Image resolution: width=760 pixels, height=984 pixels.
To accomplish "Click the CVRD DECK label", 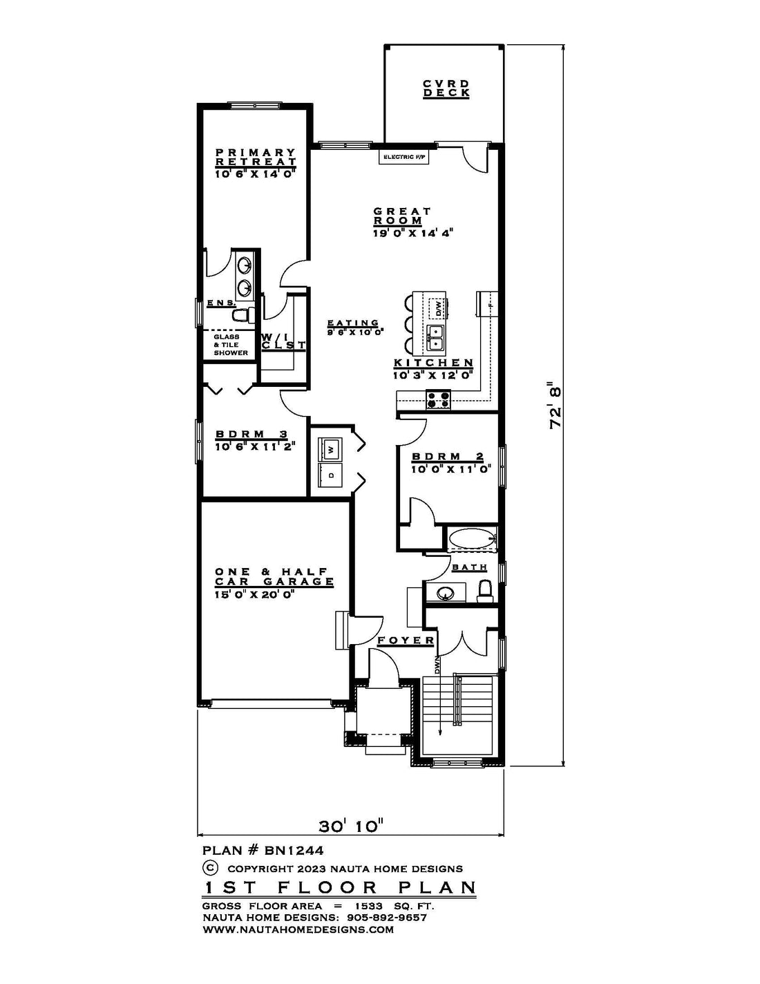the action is click(x=446, y=88).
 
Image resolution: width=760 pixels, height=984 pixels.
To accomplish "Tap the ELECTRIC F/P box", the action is click(x=403, y=157).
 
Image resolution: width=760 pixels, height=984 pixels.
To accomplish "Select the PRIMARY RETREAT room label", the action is click(x=256, y=157).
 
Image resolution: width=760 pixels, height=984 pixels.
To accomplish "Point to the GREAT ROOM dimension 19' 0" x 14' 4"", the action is click(x=412, y=233).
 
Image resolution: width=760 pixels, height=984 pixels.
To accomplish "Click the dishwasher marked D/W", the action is click(x=438, y=309).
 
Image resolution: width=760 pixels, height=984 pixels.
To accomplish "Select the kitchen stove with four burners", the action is click(x=438, y=399).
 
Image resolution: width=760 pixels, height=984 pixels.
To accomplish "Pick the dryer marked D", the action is click(x=331, y=475).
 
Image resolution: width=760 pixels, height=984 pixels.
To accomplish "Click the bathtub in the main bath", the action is click(x=472, y=540).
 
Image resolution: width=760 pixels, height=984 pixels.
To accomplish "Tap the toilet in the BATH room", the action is click(x=485, y=591).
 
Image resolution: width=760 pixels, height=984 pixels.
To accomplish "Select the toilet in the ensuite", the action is click(x=243, y=314).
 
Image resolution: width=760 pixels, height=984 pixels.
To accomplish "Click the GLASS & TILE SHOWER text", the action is click(x=231, y=345).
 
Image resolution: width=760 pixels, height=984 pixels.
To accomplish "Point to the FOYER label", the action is click(x=406, y=641).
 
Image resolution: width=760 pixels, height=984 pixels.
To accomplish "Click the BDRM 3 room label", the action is click(x=251, y=434).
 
